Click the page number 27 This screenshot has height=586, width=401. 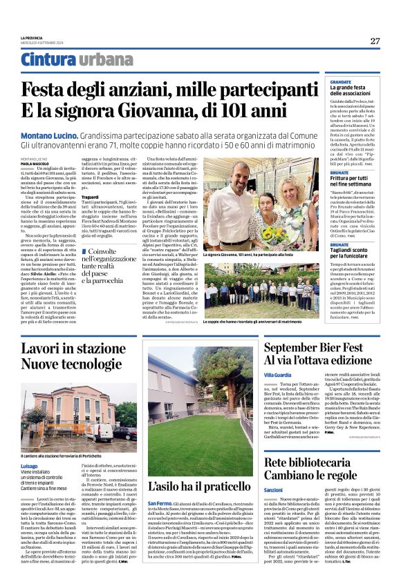point(375,41)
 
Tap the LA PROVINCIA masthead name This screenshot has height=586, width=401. point(32,38)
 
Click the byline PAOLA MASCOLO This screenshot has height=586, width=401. point(35,163)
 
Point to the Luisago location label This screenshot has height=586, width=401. point(30,465)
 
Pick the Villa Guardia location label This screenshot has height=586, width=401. point(278,374)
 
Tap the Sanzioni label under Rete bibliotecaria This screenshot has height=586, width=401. point(274,489)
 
